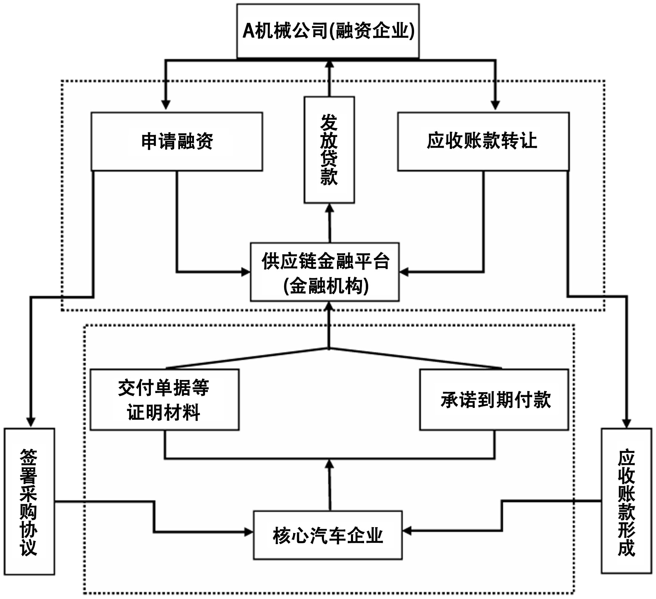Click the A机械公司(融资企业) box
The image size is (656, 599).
click(x=328, y=31)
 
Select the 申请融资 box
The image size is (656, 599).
click(x=177, y=142)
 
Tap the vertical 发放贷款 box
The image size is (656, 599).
click(x=329, y=150)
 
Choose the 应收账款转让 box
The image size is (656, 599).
click(x=483, y=142)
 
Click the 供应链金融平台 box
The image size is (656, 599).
click(x=325, y=272)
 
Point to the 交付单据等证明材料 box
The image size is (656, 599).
click(x=164, y=400)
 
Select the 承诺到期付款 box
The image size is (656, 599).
click(x=494, y=400)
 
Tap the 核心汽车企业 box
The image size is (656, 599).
click(x=328, y=535)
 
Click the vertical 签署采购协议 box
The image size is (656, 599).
click(x=29, y=501)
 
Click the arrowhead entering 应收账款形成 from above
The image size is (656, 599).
click(x=626, y=423)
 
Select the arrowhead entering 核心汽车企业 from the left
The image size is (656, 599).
click(x=248, y=532)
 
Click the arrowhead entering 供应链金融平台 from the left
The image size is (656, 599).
click(x=246, y=272)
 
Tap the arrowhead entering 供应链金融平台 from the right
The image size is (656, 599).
click(x=404, y=272)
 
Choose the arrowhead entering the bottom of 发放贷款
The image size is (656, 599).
click(x=330, y=208)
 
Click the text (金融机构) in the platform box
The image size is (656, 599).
click(x=326, y=286)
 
